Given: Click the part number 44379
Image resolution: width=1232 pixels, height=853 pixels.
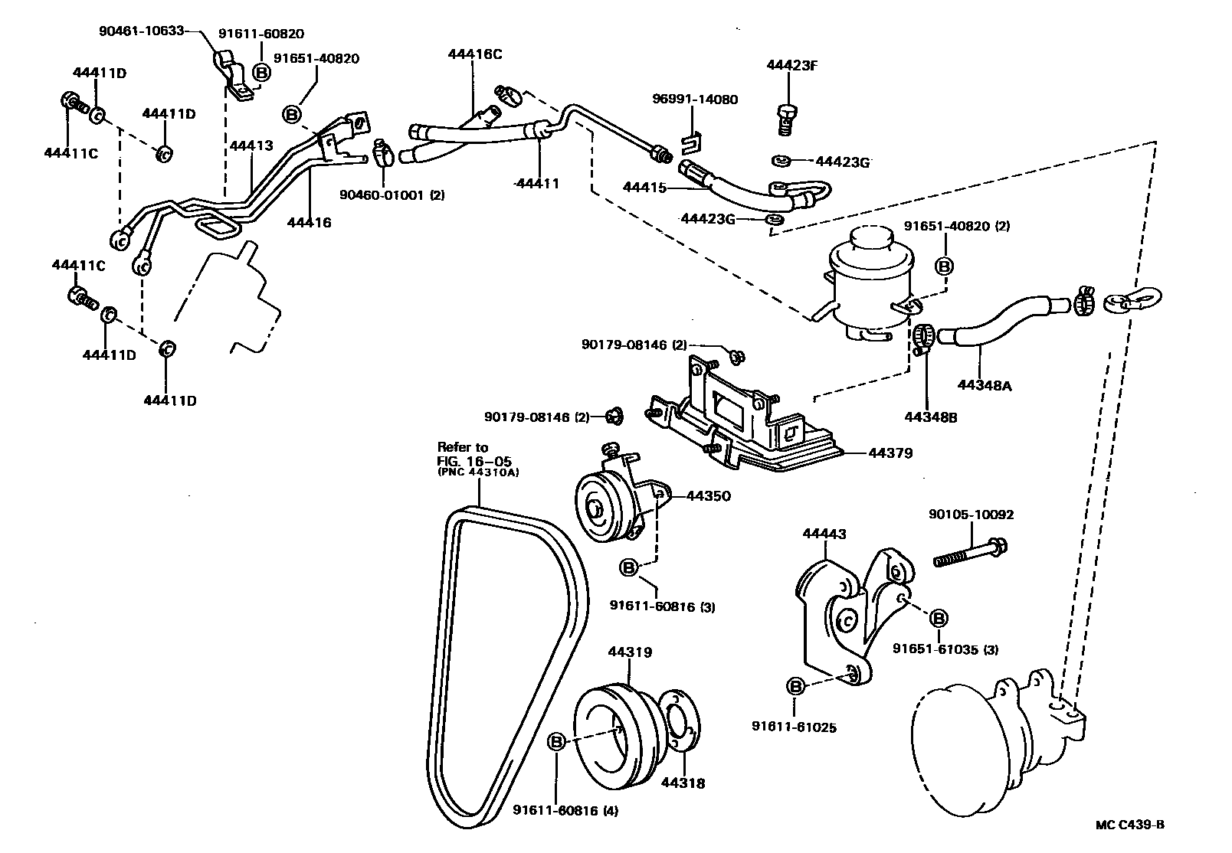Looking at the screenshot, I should [x=890, y=453].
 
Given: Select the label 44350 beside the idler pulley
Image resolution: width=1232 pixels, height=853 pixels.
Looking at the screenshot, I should [x=708, y=496].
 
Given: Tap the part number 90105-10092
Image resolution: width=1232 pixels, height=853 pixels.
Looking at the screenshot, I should [x=971, y=515].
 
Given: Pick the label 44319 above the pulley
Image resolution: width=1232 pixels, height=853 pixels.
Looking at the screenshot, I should [x=630, y=652].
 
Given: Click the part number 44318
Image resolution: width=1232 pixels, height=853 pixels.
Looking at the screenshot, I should [x=683, y=783].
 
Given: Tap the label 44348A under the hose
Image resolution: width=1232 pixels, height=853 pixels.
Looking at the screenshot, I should [x=985, y=386].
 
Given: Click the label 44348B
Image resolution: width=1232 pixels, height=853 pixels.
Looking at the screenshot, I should [x=931, y=417].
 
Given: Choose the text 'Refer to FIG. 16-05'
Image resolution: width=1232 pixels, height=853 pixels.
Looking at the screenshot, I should [x=473, y=454].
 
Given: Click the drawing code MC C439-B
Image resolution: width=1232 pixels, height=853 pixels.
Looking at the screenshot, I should [x=1129, y=825].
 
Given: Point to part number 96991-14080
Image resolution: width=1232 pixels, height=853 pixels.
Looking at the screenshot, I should [x=695, y=100].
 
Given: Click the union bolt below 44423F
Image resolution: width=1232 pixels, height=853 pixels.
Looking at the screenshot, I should [x=783, y=118].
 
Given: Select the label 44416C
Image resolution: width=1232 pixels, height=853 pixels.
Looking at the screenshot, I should [x=475, y=54].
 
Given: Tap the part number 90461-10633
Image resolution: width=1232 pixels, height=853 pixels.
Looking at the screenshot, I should [x=142, y=31].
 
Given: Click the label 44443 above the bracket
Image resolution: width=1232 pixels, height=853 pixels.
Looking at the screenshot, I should [x=824, y=534].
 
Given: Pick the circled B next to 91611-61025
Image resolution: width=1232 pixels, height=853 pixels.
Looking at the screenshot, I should [x=795, y=686].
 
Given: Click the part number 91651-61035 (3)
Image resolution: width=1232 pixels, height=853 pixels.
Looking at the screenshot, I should [x=945, y=649].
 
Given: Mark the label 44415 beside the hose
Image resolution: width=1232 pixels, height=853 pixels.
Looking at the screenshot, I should [x=644, y=187].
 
